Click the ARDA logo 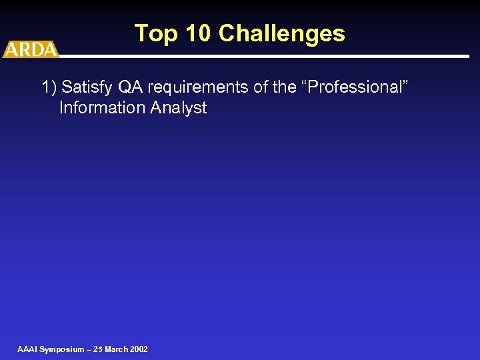point(31,49)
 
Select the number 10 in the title point(197,33)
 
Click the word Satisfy point(85,87)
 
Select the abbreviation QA point(130,87)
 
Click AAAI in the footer point(27,349)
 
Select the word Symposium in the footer point(62,349)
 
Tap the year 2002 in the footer point(139,349)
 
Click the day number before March point(99,349)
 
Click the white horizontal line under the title point(267,56)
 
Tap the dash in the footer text point(89,349)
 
